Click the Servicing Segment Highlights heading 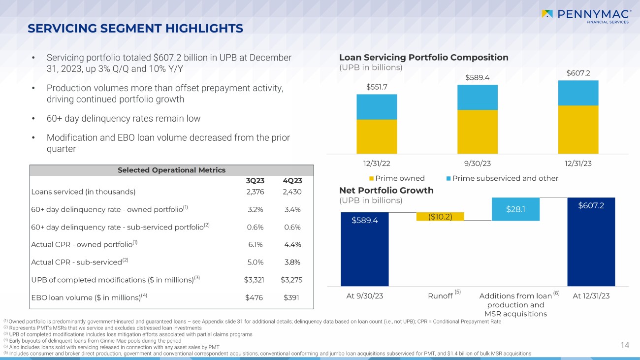(135, 29)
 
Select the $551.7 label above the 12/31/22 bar (377, 87)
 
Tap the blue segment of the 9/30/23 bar (477, 97)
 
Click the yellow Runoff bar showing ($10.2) (440, 217)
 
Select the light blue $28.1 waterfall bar (515, 209)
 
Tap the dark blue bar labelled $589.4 (364, 249)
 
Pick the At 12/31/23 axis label (591, 296)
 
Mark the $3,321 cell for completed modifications (254, 280)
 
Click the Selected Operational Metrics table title (171, 170)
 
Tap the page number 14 (625, 345)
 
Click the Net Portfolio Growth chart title (386, 190)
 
